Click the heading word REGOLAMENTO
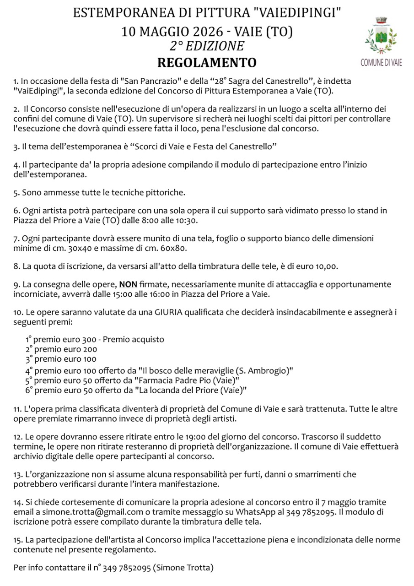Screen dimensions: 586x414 click(x=207, y=62)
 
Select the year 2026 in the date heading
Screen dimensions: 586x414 click(x=207, y=32)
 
